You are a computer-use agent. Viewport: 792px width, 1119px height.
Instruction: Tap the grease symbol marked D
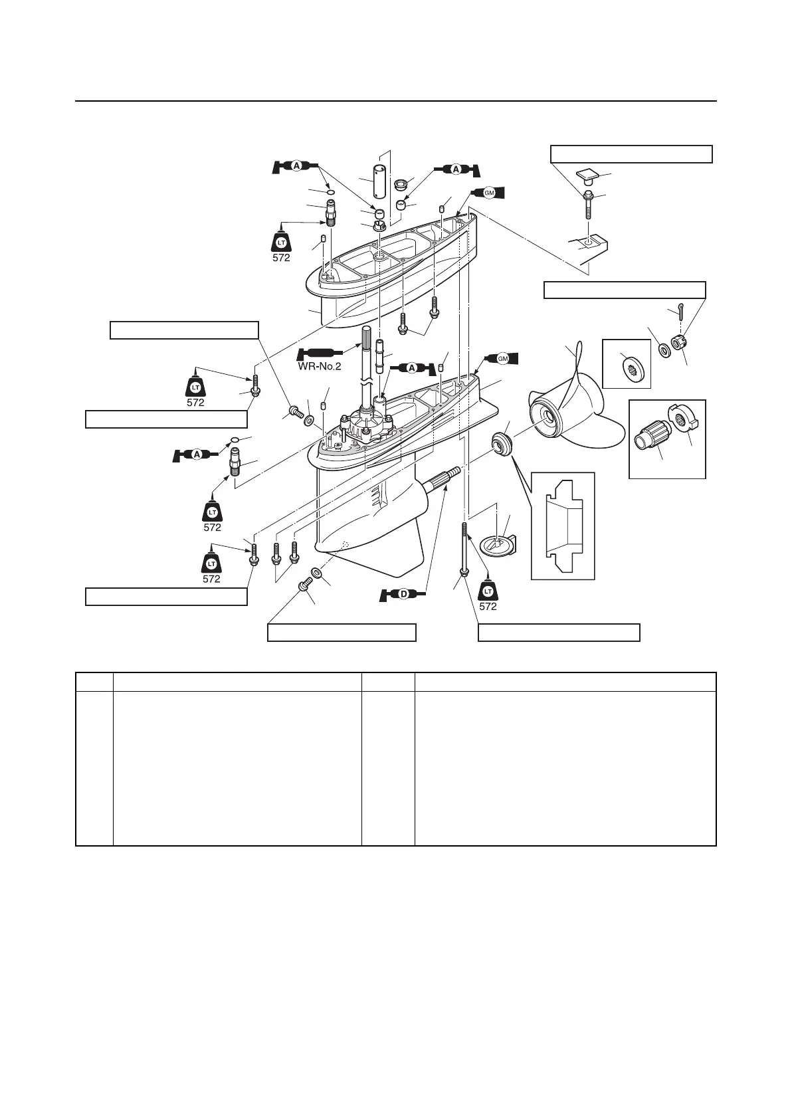point(402,594)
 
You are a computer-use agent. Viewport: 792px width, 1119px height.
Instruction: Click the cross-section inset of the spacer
point(562,526)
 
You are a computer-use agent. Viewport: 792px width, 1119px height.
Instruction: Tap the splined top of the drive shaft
point(369,338)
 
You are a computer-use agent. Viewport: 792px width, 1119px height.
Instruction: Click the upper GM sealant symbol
point(490,193)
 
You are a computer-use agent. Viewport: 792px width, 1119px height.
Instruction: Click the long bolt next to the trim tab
point(463,548)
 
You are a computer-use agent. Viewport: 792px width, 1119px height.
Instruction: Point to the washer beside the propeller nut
point(662,349)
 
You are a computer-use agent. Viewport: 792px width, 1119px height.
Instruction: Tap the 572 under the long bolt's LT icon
point(488,606)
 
